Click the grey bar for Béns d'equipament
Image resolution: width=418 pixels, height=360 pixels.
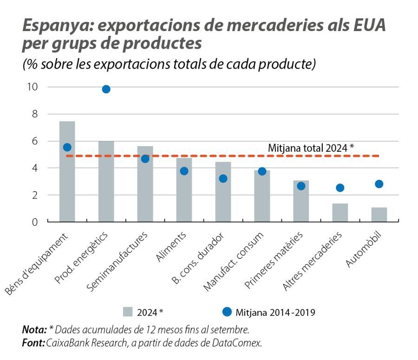(x=67, y=172)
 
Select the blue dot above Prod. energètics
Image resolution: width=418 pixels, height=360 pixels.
(x=106, y=89)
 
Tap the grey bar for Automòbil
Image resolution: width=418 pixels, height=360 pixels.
(x=379, y=214)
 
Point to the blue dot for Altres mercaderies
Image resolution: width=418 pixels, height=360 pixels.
(x=340, y=188)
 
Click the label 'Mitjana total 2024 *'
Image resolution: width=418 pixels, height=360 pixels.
(x=311, y=148)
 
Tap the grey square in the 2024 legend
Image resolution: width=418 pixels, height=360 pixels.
(x=128, y=312)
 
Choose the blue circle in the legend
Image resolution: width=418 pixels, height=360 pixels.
(x=227, y=312)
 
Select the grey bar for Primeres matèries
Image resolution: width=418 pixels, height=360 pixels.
(x=301, y=201)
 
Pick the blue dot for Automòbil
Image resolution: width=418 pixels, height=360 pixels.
(x=379, y=184)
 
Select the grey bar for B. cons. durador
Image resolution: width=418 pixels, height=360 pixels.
(x=223, y=192)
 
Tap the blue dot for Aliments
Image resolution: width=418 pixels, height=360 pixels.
(x=184, y=171)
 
